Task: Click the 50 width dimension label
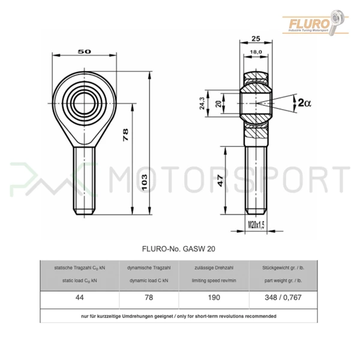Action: pos(84,52)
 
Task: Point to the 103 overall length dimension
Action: pos(145,182)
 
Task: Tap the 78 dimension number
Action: pos(125,135)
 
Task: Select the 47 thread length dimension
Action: pos(220,181)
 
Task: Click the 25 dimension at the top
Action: pos(256,39)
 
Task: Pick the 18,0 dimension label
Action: pos(256,52)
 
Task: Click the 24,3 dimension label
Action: pos(202,103)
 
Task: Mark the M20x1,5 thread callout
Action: pos(256,225)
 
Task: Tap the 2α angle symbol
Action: pos(304,103)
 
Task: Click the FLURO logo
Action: pos(315,23)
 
